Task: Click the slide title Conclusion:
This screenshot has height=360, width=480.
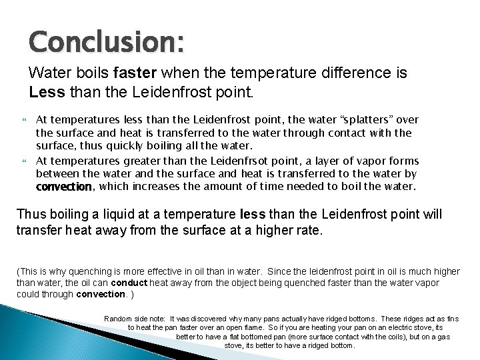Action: click(x=106, y=42)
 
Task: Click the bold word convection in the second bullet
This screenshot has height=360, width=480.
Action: click(x=63, y=187)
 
